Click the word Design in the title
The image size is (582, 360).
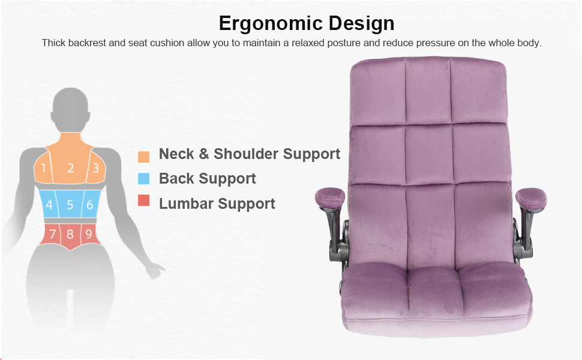[361, 23]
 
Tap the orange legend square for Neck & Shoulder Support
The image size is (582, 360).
[143, 157]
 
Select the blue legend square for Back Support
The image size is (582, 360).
[143, 179]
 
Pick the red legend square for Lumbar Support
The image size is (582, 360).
[143, 200]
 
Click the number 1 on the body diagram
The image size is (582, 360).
[43, 168]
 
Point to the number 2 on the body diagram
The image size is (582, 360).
[71, 168]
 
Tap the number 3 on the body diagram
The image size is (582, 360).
[96, 168]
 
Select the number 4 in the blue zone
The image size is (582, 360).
[49, 205]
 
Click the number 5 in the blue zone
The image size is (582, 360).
[70, 205]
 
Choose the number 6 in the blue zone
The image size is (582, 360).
[90, 205]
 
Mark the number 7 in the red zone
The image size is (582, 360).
[53, 234]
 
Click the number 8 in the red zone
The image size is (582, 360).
[70, 234]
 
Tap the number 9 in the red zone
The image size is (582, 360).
[89, 234]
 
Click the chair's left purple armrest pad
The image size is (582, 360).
[330, 197]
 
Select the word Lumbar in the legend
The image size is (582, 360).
[187, 203]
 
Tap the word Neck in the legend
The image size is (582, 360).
[176, 154]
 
